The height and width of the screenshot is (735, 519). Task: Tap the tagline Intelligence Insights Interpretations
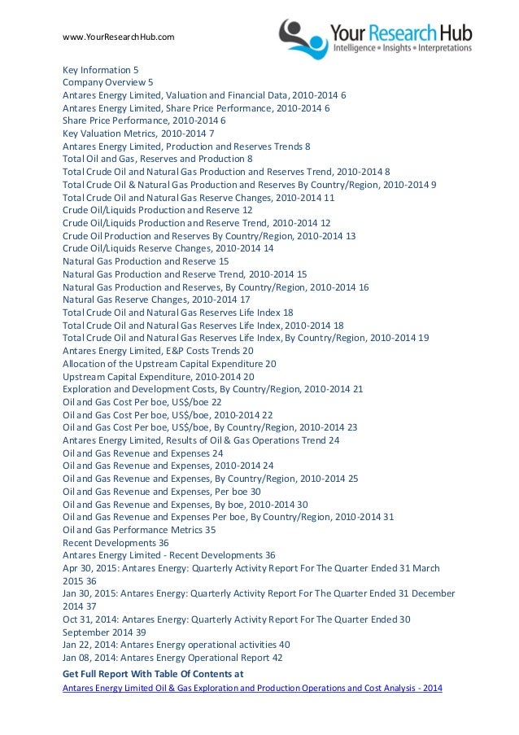click(x=403, y=49)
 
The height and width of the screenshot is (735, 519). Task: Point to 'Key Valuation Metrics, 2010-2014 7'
click(x=138, y=133)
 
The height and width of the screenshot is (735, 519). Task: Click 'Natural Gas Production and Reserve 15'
click(x=146, y=261)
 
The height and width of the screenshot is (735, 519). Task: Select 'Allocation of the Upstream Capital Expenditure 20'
click(x=169, y=363)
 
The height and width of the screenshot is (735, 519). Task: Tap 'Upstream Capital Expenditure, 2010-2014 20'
click(x=159, y=376)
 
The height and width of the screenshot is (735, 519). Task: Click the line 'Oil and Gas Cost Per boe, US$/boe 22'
click(x=142, y=401)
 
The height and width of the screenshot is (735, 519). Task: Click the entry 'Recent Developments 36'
click(x=116, y=542)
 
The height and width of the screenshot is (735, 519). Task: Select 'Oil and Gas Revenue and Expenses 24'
click(x=142, y=453)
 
